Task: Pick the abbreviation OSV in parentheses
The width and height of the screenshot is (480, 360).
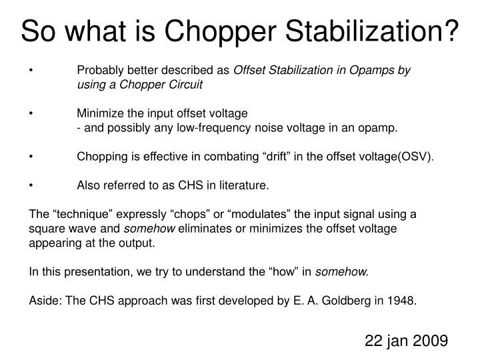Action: [x=417, y=157]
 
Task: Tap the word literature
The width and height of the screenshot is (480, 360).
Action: [x=244, y=186]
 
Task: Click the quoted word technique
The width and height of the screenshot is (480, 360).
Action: [x=79, y=215]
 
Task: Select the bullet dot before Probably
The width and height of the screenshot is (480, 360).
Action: [x=32, y=71]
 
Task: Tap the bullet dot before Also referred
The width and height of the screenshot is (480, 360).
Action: [x=32, y=186]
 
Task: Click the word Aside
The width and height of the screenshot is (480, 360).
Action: [x=45, y=300]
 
